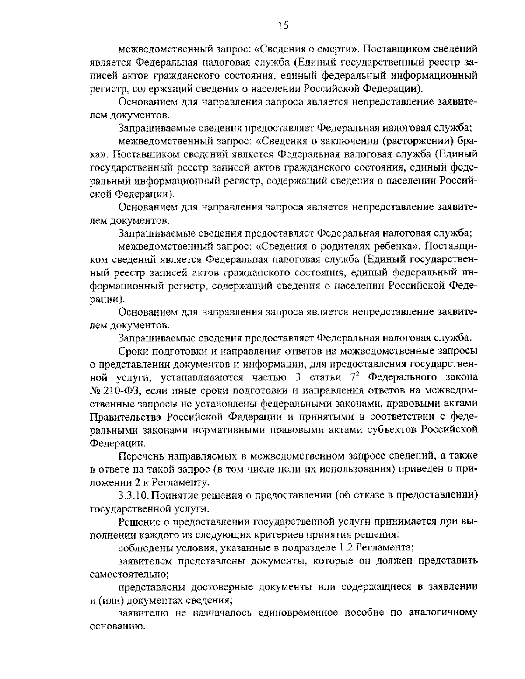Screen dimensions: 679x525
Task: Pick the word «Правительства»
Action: tap(122, 417)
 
